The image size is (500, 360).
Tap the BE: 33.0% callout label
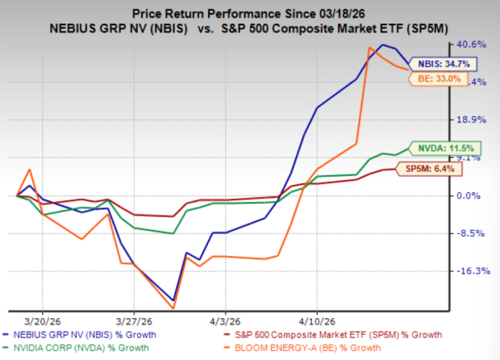tap(438, 79)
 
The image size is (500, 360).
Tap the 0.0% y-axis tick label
tap(471, 195)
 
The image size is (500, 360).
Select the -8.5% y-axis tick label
tap(471, 233)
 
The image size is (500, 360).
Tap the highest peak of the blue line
tap(382, 45)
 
